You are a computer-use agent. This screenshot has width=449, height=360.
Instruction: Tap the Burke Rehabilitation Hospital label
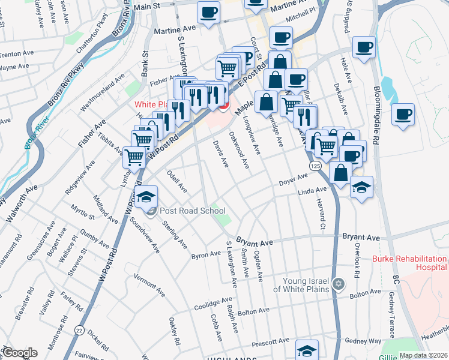click(x=410, y=263)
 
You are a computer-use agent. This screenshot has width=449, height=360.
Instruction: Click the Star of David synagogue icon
click(x=339, y=283)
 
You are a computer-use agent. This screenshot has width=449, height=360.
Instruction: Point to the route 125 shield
click(x=315, y=164)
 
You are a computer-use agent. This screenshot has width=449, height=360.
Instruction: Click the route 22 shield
click(x=79, y=330)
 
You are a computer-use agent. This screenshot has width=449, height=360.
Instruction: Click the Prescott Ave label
click(x=271, y=344)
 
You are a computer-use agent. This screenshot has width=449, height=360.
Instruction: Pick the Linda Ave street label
click(x=312, y=191)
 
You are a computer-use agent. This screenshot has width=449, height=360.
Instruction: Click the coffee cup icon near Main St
click(x=208, y=13)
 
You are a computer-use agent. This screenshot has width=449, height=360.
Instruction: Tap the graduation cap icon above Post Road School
click(x=145, y=196)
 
